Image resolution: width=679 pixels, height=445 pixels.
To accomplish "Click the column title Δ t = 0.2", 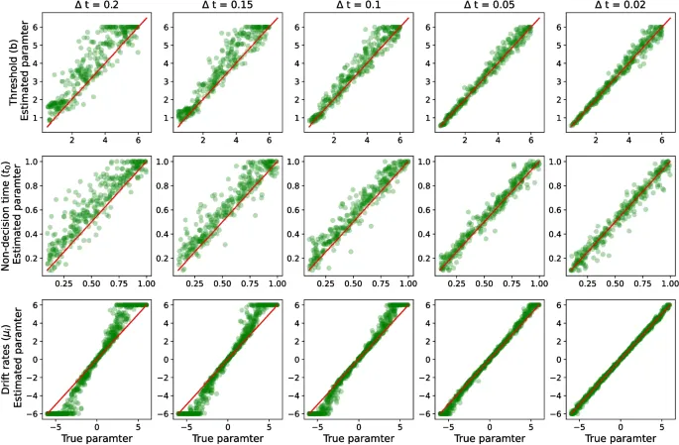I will pyautogui.click(x=96, y=6).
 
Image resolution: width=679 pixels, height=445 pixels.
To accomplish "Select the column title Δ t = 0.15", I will pyautogui.click(x=227, y=6).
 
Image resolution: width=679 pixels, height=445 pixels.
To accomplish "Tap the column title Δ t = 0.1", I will pyautogui.click(x=358, y=6).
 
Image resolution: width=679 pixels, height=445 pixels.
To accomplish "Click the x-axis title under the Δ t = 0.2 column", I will pyautogui.click(x=97, y=437).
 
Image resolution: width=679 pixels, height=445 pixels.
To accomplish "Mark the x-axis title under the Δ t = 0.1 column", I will pyautogui.click(x=359, y=437).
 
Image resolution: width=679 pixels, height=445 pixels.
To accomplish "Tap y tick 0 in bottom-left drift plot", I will pyautogui.click(x=35, y=359).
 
